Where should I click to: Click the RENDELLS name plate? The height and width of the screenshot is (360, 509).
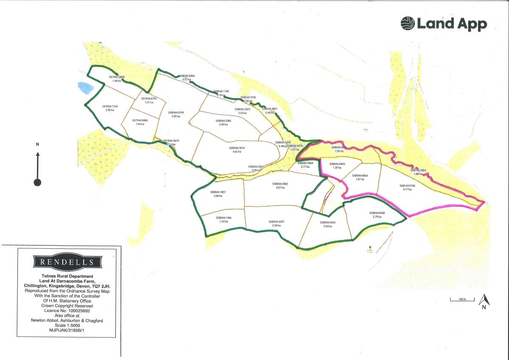67,262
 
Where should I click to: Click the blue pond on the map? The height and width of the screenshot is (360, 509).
86,87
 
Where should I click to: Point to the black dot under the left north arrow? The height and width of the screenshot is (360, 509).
38,183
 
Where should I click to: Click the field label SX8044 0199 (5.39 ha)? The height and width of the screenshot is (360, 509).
176,115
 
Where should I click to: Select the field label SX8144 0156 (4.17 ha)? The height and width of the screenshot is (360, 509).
407,187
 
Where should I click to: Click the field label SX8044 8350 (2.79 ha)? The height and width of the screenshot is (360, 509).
377,215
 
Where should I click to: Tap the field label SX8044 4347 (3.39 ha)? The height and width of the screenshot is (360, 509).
276,223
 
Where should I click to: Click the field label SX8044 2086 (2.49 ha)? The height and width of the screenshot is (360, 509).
223,123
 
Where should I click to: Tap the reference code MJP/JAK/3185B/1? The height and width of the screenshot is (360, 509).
67,330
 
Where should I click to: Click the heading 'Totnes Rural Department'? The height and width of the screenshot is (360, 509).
67,277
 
